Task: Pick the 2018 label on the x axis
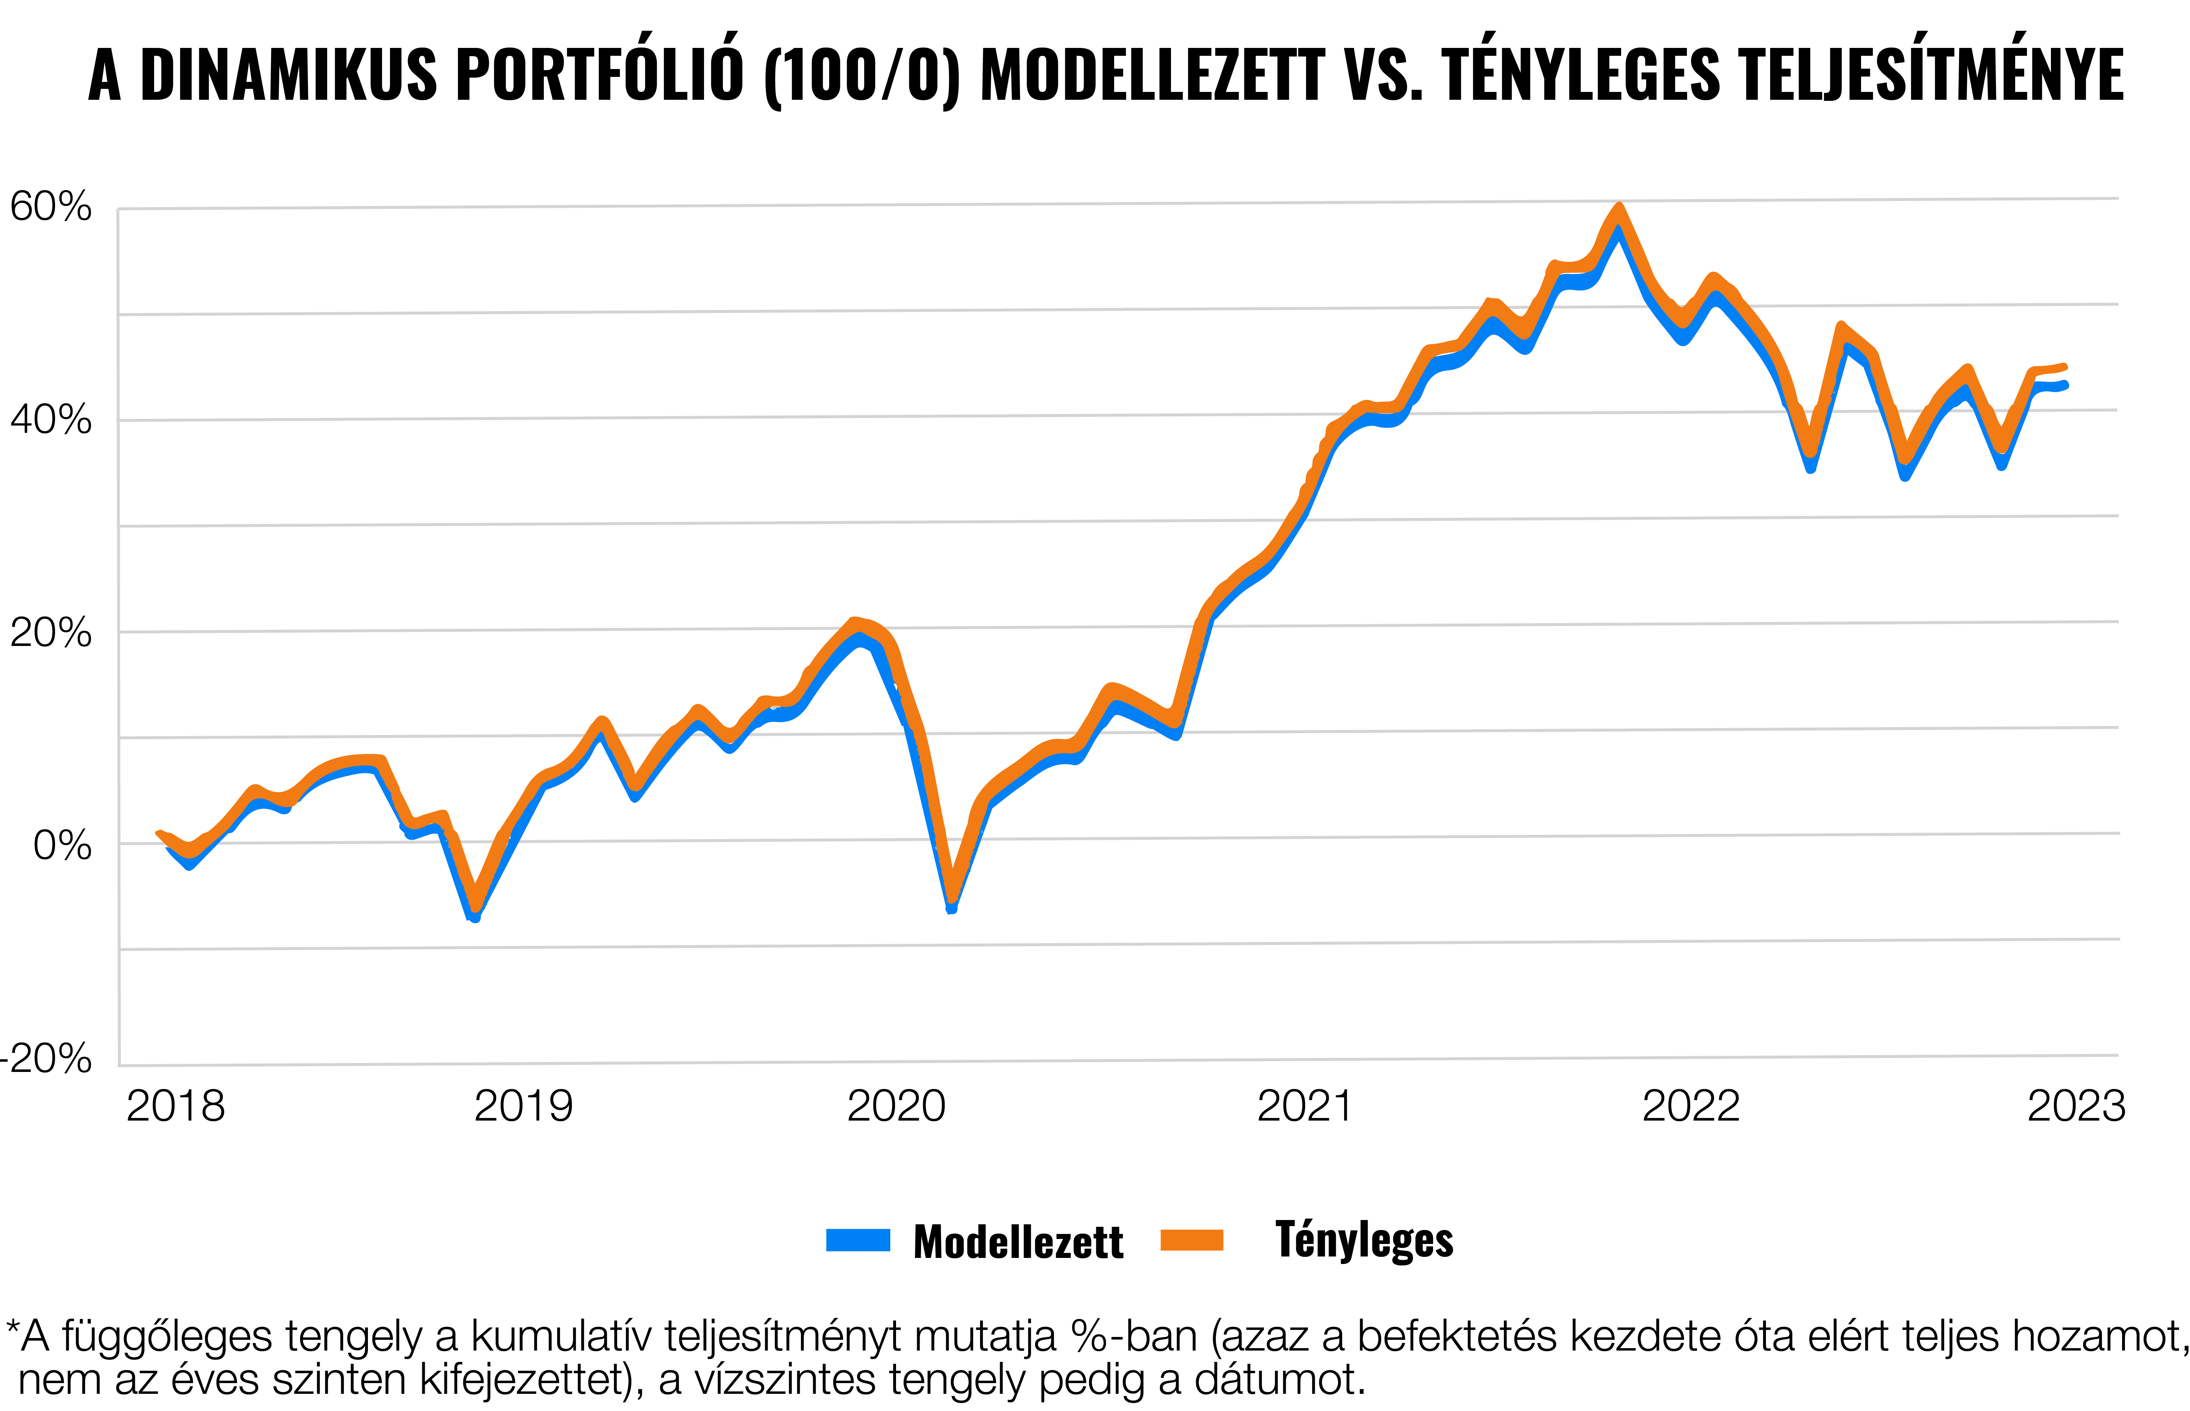point(175,1107)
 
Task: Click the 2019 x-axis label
point(523,1107)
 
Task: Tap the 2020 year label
point(896,1107)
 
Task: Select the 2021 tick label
point(1304,1107)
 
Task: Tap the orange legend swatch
point(1192,1240)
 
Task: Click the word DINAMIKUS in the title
point(289,75)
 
